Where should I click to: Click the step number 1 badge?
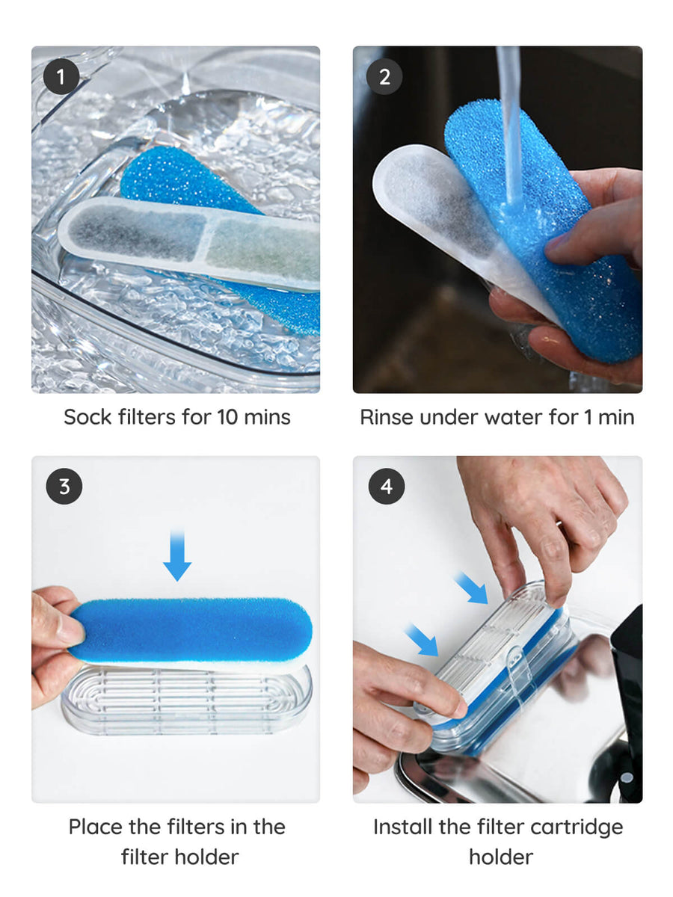(x=61, y=77)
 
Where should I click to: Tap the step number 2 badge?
(x=384, y=77)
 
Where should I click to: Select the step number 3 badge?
(x=64, y=487)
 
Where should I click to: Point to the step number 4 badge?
(x=386, y=487)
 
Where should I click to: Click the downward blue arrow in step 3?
(x=177, y=555)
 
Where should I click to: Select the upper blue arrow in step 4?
(x=471, y=588)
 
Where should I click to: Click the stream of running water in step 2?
(x=509, y=126)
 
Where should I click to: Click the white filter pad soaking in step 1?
(x=188, y=244)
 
